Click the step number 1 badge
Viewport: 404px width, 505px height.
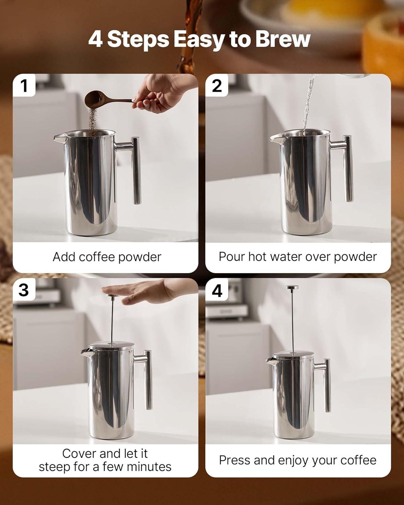(24, 85)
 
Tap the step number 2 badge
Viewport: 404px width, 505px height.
(217, 85)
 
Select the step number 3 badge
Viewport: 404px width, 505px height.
(24, 290)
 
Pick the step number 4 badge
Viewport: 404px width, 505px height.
(217, 290)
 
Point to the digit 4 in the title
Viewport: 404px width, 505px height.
(95, 39)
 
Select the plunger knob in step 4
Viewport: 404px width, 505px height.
(292, 288)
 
